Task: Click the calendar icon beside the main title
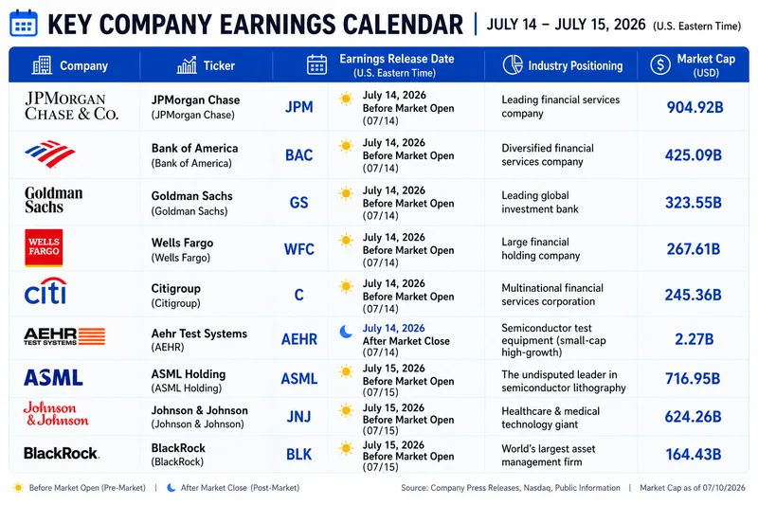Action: (x=23, y=23)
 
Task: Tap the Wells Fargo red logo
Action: (x=44, y=247)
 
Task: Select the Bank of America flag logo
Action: (x=50, y=153)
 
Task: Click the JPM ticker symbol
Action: (x=298, y=107)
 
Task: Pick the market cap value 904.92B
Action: (x=695, y=107)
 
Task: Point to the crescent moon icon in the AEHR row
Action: (x=346, y=332)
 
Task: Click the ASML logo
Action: (x=53, y=377)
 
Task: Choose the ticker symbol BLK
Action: (x=298, y=454)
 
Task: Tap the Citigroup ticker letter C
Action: (x=298, y=295)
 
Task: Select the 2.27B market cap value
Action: (x=694, y=339)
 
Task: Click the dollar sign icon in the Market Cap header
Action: (x=660, y=64)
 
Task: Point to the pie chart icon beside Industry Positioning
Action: (x=513, y=64)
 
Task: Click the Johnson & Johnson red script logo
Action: (x=56, y=414)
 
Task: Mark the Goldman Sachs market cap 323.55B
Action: (x=694, y=203)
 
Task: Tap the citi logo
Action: (x=45, y=291)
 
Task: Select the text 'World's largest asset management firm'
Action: (x=549, y=455)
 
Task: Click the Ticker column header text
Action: (x=219, y=65)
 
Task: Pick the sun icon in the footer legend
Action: (x=18, y=488)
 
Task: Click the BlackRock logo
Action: (x=62, y=453)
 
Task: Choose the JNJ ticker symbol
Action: (x=298, y=417)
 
